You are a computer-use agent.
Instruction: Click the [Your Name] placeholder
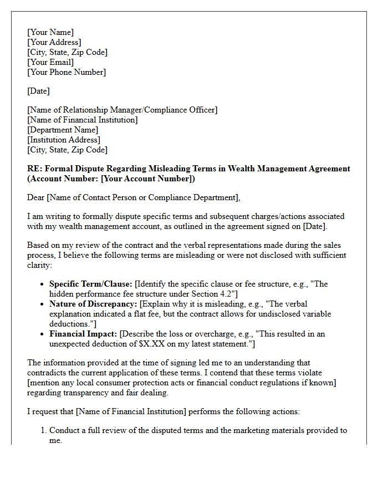(50, 32)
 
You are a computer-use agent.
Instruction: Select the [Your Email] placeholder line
(50, 62)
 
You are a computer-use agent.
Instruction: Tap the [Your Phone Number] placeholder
(67, 72)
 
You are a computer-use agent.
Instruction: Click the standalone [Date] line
(38, 91)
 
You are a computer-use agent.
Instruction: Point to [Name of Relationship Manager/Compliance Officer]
(122, 110)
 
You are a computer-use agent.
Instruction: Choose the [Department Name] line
(63, 130)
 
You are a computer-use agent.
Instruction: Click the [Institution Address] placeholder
(64, 140)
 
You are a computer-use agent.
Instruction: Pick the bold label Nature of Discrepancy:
(93, 304)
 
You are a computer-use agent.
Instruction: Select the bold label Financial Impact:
(83, 334)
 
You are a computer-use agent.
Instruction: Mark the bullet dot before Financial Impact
(43, 334)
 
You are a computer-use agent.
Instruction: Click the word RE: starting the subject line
(34, 169)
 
